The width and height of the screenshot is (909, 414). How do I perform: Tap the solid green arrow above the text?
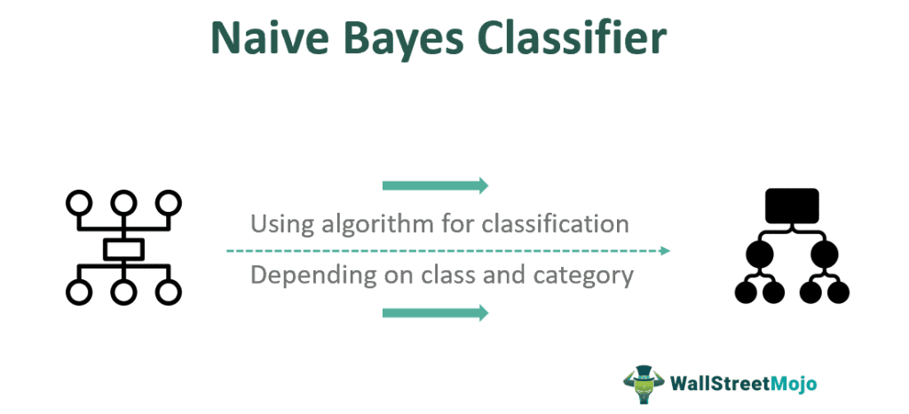click(435, 185)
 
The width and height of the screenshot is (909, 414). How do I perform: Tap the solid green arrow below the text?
click(435, 313)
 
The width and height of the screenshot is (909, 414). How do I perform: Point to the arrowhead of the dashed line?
click(667, 251)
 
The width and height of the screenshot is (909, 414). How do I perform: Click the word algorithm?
click(368, 224)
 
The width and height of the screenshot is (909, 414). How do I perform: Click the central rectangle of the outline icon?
click(123, 249)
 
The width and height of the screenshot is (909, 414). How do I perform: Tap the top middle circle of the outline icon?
click(123, 202)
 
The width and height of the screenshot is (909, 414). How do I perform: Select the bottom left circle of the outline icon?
click(79, 293)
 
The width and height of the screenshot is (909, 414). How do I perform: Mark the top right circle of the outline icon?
click(169, 202)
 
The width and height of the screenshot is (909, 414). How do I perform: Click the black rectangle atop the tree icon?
click(792, 206)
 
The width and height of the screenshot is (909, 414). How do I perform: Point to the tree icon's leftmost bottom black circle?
click(746, 293)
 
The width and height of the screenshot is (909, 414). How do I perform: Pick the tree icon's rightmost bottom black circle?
click(838, 293)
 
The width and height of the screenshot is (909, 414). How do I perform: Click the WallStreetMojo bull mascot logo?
click(644, 384)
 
